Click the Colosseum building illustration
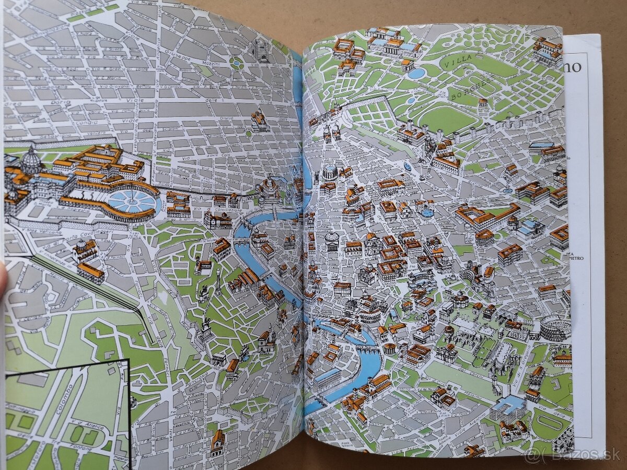[555, 327]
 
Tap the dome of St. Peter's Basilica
[31, 159]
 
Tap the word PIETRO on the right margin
[576, 258]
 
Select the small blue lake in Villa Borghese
[416, 73]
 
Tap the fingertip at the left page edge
[2, 285]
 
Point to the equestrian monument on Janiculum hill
[205, 328]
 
